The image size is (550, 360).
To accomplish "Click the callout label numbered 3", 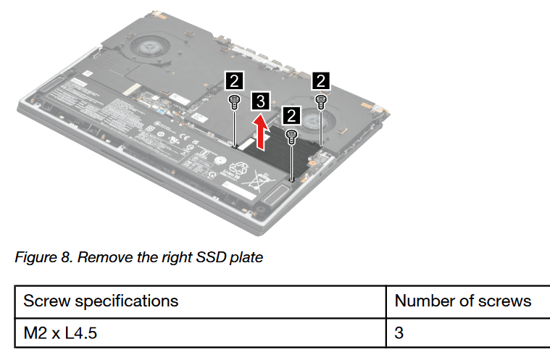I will click(262, 101).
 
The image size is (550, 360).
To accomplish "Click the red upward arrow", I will click(261, 133).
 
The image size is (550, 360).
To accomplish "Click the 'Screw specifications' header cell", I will click(101, 300).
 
